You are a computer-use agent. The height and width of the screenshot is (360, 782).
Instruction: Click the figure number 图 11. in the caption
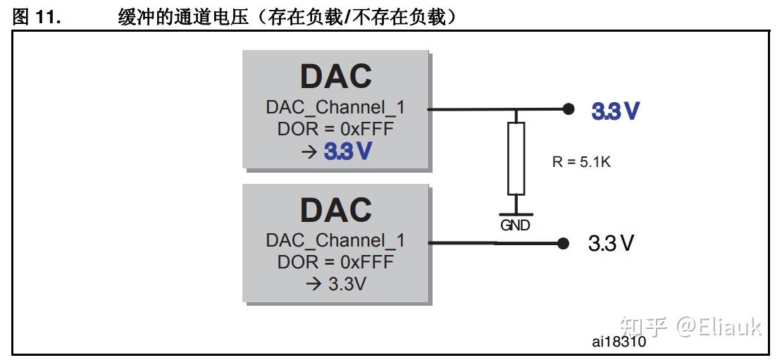pos(37,17)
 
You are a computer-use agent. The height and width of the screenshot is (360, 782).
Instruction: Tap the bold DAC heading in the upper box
pos(335,75)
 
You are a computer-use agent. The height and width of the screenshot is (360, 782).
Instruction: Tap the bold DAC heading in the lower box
pos(335,209)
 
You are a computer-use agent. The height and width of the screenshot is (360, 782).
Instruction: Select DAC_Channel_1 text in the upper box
pos(335,108)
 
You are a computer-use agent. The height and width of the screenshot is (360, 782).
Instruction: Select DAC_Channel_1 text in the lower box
pos(335,240)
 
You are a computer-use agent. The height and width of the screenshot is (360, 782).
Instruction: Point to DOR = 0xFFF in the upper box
pos(335,129)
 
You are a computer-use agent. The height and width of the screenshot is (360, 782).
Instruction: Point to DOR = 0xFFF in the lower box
pos(335,262)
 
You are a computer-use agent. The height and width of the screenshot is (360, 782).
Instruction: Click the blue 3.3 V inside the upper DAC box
pos(347,151)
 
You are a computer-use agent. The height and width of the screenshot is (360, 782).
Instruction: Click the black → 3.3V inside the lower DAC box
pos(335,285)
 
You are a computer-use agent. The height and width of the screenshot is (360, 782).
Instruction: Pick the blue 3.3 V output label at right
pos(615,111)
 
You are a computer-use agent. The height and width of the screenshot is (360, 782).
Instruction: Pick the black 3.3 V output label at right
pos(611,244)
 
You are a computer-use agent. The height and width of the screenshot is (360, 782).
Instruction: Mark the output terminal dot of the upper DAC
pos(568,109)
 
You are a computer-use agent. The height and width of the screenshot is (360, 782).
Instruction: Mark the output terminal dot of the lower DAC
pos(562,244)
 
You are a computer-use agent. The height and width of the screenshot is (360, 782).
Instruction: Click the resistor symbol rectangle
pos(516,158)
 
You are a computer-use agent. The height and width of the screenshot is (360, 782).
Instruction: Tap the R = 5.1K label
pos(581,161)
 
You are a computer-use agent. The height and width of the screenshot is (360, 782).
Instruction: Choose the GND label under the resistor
pos(515,226)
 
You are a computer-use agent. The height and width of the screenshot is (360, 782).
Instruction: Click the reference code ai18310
pos(619,343)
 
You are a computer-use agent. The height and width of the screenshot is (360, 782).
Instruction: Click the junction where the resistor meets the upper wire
pos(516,110)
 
